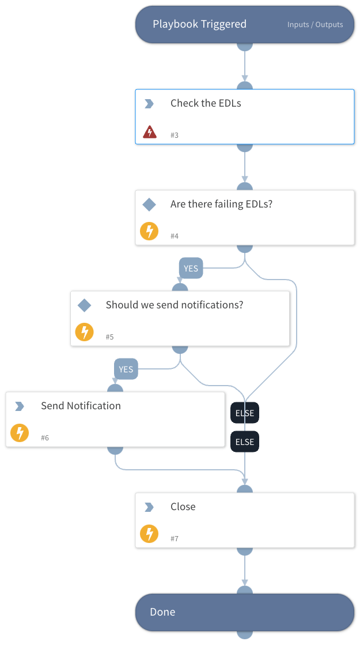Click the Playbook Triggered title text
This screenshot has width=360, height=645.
click(x=199, y=24)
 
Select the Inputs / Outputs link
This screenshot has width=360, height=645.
click(x=315, y=25)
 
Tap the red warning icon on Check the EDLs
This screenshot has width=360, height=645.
click(x=150, y=132)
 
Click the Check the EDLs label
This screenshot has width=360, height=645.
click(x=206, y=104)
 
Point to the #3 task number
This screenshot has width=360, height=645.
click(x=175, y=135)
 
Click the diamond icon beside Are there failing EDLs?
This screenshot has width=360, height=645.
click(x=149, y=205)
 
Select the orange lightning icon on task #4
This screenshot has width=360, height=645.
click(x=149, y=232)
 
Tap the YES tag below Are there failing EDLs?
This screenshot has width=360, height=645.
click(x=191, y=269)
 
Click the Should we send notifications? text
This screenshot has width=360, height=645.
click(x=175, y=305)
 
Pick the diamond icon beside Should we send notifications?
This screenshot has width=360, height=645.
click(x=85, y=305)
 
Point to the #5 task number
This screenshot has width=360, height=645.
click(x=110, y=337)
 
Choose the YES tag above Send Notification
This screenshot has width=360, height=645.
click(x=126, y=369)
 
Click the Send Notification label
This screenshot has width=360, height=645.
click(x=81, y=406)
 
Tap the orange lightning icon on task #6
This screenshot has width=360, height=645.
click(x=20, y=433)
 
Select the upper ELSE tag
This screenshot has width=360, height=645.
click(x=245, y=413)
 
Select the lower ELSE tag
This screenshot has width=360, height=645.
click(x=245, y=442)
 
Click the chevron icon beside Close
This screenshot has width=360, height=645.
click(x=149, y=507)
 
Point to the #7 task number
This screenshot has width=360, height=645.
click(x=175, y=538)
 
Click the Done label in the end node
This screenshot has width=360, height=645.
click(x=162, y=612)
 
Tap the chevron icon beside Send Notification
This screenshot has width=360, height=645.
click(x=20, y=406)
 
